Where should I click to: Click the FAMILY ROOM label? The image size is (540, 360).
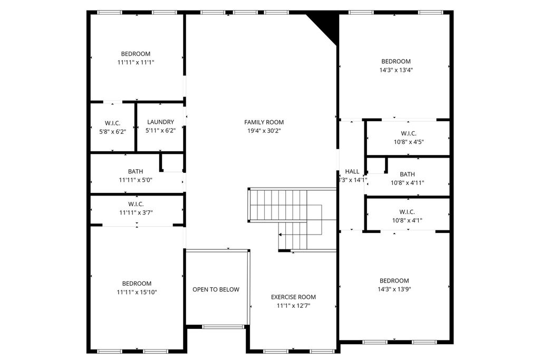(264, 122)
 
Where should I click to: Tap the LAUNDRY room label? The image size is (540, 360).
(160, 122)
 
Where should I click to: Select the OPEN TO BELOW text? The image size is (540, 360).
(216, 289)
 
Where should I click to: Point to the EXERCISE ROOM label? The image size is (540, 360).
(293, 297)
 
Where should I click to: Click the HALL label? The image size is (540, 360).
(352, 171)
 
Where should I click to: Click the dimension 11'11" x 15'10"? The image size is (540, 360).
(137, 292)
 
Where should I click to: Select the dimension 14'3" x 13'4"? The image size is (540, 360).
(396, 70)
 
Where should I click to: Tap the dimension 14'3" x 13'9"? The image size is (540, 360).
(394, 289)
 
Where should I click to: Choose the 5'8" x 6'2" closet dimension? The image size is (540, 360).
(113, 131)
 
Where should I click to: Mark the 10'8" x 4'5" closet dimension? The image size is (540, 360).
(409, 142)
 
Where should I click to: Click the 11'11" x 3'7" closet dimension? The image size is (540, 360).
(136, 213)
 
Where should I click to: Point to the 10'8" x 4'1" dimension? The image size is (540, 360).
(408, 220)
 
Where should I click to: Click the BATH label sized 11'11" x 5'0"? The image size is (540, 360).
(136, 171)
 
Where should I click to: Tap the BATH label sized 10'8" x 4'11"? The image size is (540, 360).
(408, 174)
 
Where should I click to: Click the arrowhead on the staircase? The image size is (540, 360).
(281, 235)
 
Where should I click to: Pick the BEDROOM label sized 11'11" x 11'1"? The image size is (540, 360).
(136, 54)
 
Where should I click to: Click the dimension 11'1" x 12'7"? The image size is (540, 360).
(293, 306)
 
